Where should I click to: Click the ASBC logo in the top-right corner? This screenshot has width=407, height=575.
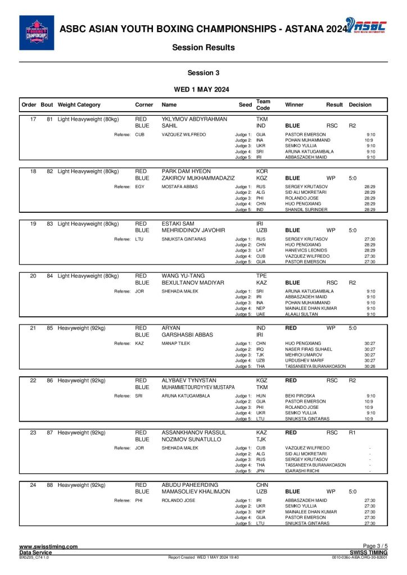point(365,25)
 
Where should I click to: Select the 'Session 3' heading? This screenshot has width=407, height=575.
point(203,73)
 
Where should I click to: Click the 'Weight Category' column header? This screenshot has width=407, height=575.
point(79,105)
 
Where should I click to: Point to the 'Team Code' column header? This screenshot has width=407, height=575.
point(263,105)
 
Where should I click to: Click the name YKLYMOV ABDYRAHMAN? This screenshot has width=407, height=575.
point(195,120)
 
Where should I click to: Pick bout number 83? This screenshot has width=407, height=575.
point(49,223)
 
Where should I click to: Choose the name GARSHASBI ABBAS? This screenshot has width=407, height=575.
point(187,335)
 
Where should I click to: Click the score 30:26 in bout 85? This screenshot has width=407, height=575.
point(369,366)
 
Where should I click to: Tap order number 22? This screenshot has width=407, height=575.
point(33,381)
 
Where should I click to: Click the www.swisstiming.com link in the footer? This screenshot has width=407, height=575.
point(48,546)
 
